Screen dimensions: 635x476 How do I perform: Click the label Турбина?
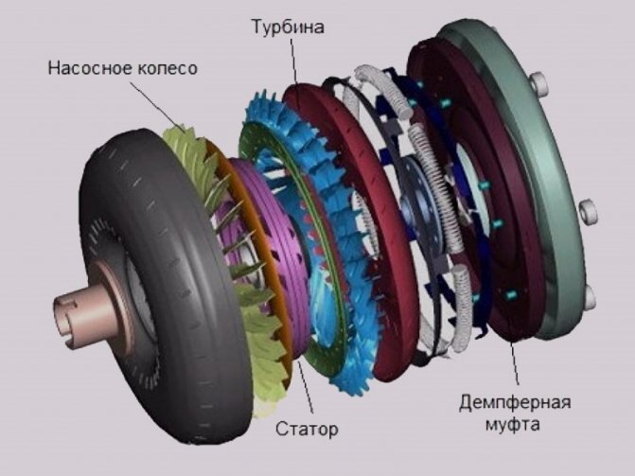(x=288, y=27)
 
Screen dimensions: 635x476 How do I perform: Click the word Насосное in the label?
(x=90, y=67)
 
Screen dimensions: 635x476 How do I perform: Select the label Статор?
(x=307, y=429)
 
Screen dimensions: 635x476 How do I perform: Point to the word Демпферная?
(x=514, y=403)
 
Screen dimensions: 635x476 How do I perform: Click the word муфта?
(x=512, y=425)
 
